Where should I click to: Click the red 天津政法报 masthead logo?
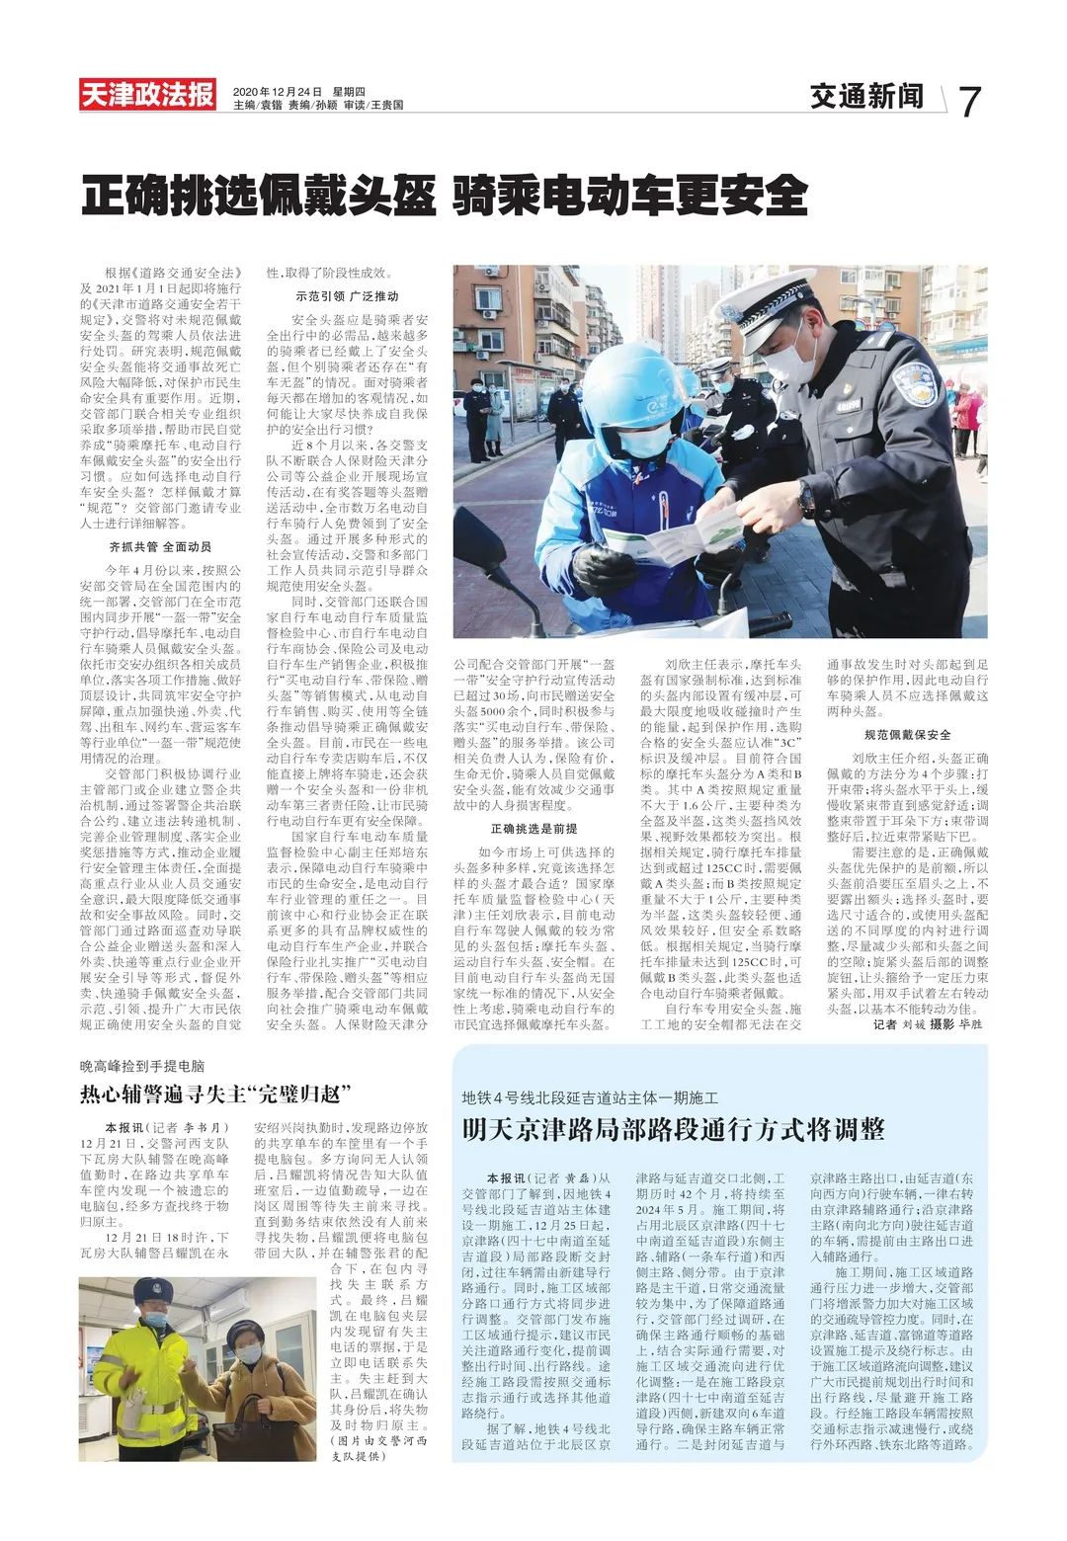[148, 95]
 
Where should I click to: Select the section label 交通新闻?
[866, 97]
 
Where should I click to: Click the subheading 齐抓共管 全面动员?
[160, 546]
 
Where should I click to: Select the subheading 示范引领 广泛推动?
[347, 296]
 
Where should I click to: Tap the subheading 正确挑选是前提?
[533, 828]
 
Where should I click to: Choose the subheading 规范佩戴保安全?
[907, 735]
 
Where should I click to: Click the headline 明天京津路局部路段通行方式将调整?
[673, 1129]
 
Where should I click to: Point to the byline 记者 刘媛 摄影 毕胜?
[928, 1024]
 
